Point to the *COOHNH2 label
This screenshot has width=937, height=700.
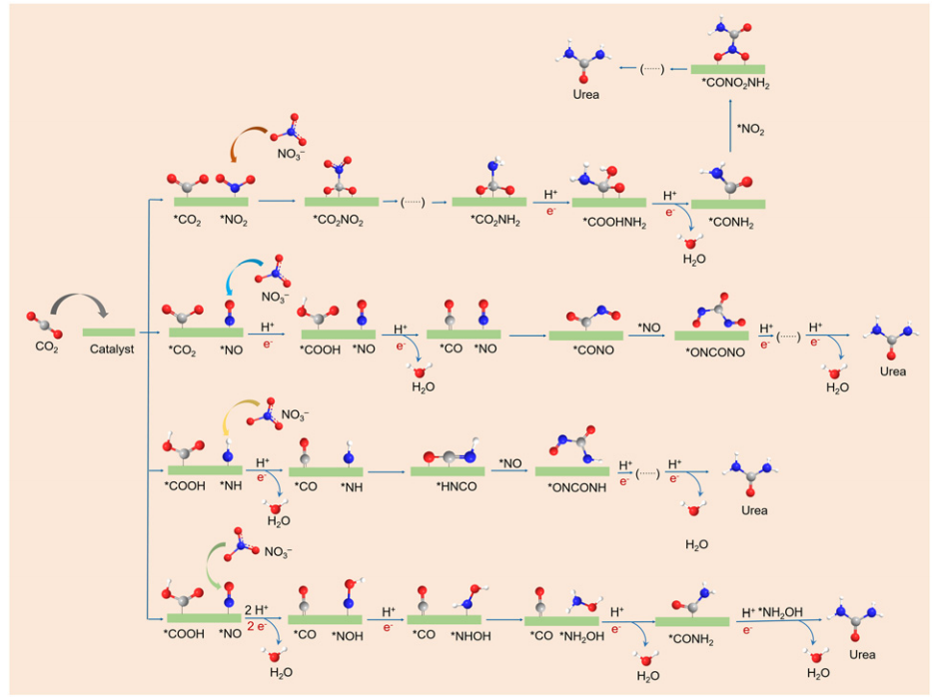606,222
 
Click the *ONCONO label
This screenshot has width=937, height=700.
711,352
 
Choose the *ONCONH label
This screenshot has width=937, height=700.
571,485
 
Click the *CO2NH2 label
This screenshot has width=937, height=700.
488,221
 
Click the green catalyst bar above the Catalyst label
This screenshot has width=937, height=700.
109,332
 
